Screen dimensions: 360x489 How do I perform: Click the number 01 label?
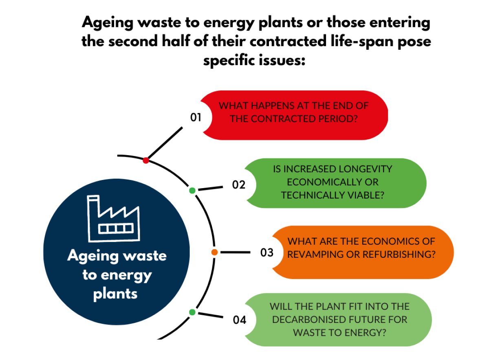(196, 118)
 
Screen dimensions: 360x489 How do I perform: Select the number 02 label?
(239, 185)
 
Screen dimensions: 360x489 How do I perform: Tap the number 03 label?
(267, 253)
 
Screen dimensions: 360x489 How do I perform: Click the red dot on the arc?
(146, 160)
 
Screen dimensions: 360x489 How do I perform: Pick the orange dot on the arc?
(214, 252)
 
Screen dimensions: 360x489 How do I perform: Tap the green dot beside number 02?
(192, 190)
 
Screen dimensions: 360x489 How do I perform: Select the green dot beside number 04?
(192, 312)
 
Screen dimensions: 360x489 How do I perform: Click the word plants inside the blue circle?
(115, 294)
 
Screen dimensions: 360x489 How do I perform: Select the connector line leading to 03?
(236, 252)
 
